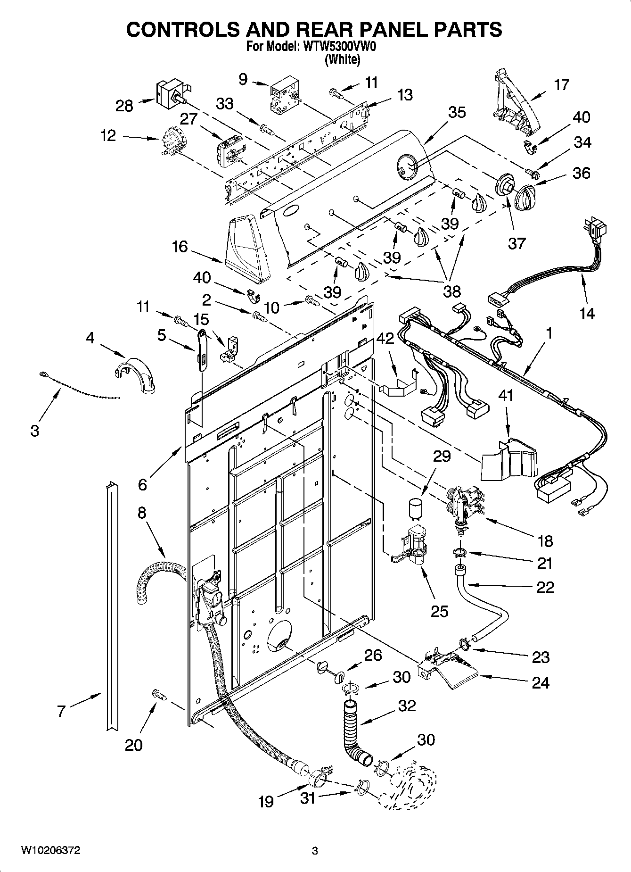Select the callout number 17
pos(561,85)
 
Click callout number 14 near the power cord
pos(587,313)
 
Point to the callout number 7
pos(61,711)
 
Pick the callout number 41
pos(506,395)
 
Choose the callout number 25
pos(439,611)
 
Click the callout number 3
pos(34,431)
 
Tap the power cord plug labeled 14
pos(595,230)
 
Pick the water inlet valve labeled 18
pos(465,505)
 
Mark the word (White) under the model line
pos(342,59)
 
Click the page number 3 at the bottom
pos(315,851)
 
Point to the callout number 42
pos(386,339)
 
